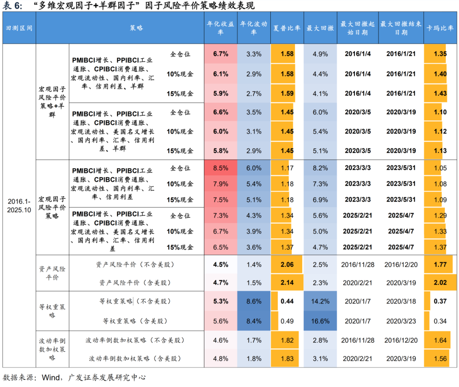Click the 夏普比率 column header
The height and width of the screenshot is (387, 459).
(x=287, y=28)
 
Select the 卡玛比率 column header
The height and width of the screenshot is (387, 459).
(x=440, y=28)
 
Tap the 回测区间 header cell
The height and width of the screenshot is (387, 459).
(x=19, y=28)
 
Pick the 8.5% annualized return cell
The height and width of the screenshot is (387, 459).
(x=221, y=168)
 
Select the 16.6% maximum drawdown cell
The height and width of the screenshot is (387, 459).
(x=320, y=321)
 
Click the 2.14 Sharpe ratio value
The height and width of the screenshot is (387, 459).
(x=287, y=282)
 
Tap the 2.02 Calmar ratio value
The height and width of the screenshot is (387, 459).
(x=440, y=282)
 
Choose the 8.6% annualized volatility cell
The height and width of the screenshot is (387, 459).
(x=254, y=302)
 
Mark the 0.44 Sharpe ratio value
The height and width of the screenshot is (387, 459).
(x=287, y=302)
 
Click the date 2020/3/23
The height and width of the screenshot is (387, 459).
(x=401, y=321)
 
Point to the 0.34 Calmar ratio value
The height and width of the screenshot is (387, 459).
(x=440, y=321)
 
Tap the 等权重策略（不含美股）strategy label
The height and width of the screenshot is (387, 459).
(x=134, y=302)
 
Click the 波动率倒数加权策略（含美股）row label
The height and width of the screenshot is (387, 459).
(x=134, y=359)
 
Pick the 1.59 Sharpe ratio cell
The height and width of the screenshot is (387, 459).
(x=287, y=93)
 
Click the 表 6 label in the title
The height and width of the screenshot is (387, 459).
(x=12, y=6)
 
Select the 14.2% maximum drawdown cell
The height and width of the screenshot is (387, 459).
(x=320, y=302)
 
